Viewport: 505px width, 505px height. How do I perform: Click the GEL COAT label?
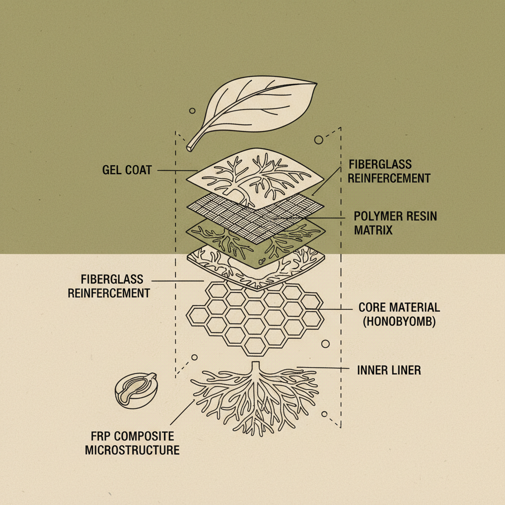tap(127, 170)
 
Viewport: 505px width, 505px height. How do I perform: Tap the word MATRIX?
tap(373, 230)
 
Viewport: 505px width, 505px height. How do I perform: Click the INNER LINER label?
tap(389, 369)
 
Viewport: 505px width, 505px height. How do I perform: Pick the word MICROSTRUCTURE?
tap(132, 450)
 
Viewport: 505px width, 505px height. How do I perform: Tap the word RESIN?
tap(420, 216)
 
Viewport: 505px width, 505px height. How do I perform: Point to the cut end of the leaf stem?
tap(190, 147)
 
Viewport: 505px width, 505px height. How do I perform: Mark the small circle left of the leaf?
tap(192, 111)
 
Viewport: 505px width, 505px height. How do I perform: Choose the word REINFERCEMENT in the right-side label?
tap(389, 178)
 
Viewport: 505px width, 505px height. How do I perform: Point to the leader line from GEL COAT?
tap(175, 171)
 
